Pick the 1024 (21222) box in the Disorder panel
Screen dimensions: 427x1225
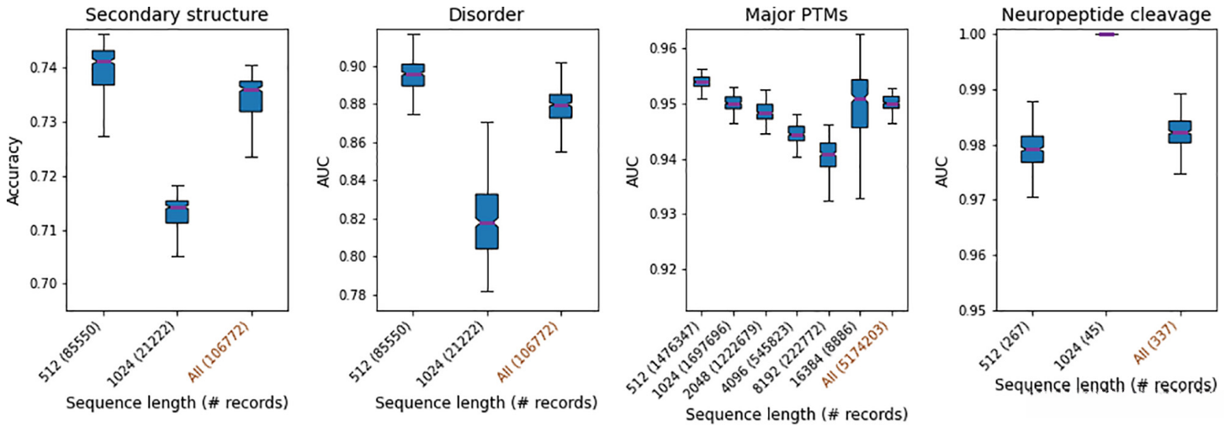pyautogui.click(x=486, y=221)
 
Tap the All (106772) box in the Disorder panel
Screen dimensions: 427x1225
pyautogui.click(x=561, y=106)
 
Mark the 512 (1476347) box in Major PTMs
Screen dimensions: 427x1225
pyautogui.click(x=701, y=82)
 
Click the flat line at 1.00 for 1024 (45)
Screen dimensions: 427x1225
pyautogui.click(x=1106, y=35)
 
